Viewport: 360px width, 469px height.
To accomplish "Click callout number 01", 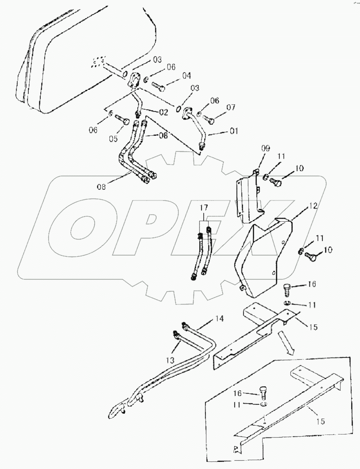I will point(234,131).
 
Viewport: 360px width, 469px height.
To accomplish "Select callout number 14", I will point(207,318).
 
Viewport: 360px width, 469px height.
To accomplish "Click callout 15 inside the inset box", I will point(320,422).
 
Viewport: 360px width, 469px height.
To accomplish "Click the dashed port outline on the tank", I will point(98,62).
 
